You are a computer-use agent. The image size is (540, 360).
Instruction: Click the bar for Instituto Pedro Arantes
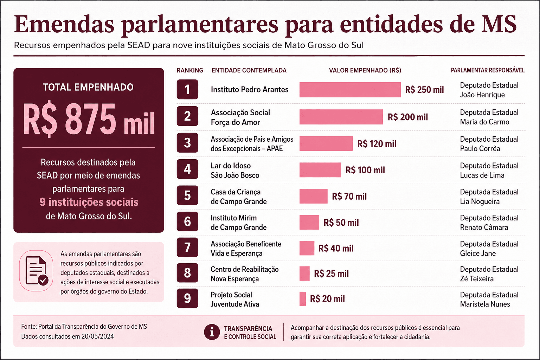pos(350,90)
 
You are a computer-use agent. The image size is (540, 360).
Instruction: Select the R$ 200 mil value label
pos(408,117)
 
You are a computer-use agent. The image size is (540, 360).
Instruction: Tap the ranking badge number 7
pos(187,247)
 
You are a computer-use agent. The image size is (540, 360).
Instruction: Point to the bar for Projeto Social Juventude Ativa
pos(303,299)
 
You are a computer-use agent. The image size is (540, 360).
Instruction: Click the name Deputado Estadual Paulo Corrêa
pos(489,144)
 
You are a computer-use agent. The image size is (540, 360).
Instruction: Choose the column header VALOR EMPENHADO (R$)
pos(365,70)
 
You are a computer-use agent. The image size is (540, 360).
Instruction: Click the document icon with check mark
pos(37,271)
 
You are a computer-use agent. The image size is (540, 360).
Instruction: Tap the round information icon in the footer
pos(212,332)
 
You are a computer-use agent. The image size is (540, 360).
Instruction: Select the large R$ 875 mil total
pos(89,120)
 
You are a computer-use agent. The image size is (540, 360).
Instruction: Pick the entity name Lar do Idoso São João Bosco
pos(235,170)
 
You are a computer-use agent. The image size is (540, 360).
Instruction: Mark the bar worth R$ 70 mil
pos(313,196)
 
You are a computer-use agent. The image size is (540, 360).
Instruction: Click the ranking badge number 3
pos(187,142)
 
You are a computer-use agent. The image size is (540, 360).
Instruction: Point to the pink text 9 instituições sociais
pos(89,202)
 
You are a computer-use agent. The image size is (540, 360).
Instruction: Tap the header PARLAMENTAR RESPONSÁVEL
pos(488,70)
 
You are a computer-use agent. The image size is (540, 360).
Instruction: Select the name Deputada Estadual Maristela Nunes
pos(489,299)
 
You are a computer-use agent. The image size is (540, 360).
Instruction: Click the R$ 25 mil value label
pos(331,274)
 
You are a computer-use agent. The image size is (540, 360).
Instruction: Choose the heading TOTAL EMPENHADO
pos(88,87)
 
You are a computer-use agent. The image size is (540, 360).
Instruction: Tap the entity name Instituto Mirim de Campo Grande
pos(238,223)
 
